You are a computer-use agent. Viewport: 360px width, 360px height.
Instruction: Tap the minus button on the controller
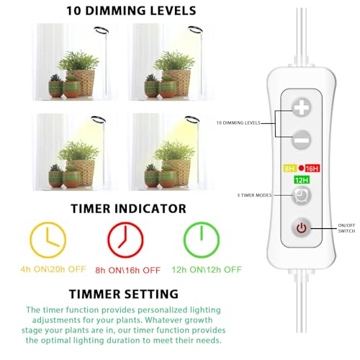pos(301,136)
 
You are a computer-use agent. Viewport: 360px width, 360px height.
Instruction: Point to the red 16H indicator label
pos(312,167)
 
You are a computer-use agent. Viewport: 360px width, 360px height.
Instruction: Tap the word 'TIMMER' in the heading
pos(95,294)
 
